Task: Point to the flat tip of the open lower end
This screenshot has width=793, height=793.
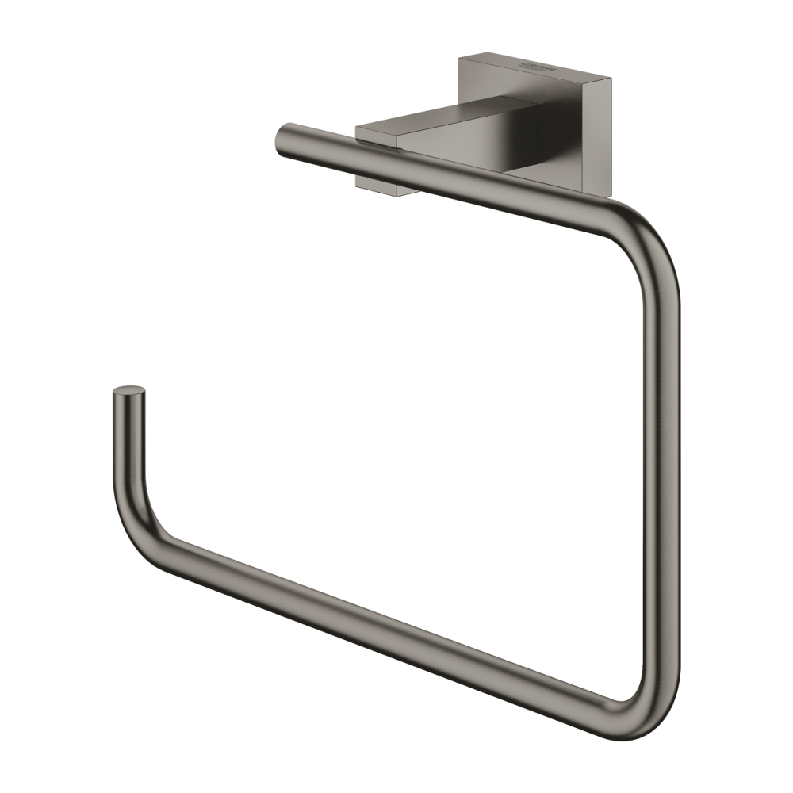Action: (x=129, y=393)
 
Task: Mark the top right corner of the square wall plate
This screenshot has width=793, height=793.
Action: (x=608, y=78)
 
